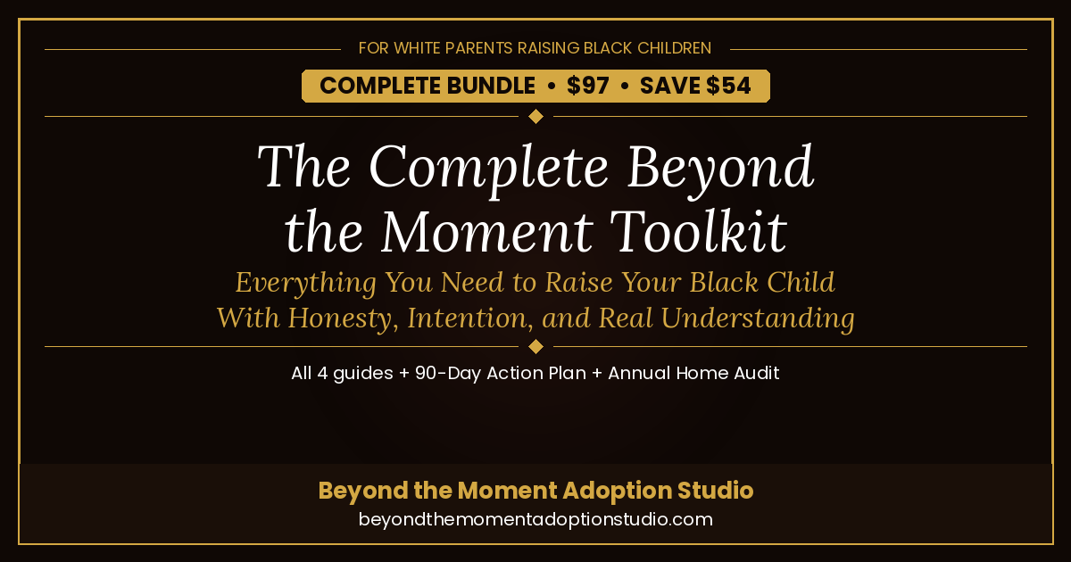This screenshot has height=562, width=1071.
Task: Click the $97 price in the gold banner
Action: pyautogui.click(x=587, y=86)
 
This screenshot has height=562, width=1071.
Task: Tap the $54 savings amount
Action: pyautogui.click(x=728, y=86)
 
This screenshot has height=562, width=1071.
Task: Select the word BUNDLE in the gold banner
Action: pyautogui.click(x=491, y=86)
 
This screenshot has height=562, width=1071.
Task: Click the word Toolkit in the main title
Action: pyautogui.click(x=698, y=232)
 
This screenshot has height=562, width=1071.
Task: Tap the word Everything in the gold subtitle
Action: pyautogui.click(x=305, y=283)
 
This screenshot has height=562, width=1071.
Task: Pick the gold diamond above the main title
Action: pyautogui.click(x=535, y=116)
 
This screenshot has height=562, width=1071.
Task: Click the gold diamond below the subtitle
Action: pyautogui.click(x=535, y=346)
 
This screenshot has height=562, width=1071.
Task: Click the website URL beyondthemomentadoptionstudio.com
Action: pyautogui.click(x=535, y=519)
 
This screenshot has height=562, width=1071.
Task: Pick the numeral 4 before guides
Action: pyautogui.click(x=322, y=373)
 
